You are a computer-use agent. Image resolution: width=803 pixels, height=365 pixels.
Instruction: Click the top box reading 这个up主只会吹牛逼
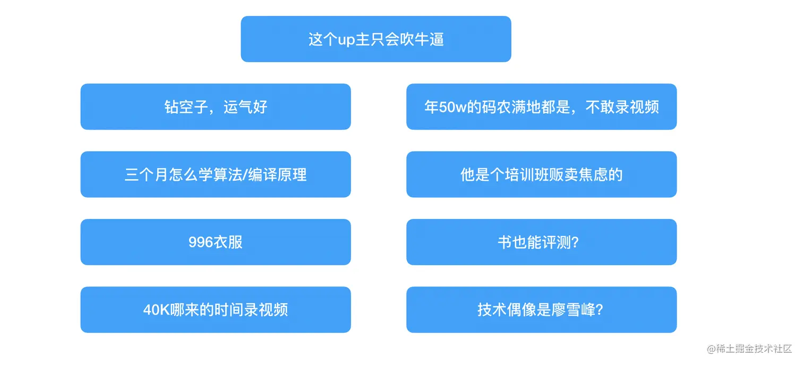click(x=375, y=39)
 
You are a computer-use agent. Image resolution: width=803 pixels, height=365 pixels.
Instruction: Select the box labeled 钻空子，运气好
click(x=216, y=107)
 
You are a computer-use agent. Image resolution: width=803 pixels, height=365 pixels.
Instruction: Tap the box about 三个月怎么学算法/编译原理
click(x=216, y=175)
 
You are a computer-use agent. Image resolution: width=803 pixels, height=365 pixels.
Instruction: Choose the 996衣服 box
click(x=216, y=242)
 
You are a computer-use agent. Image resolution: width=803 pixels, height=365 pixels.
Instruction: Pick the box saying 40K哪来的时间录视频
click(x=216, y=310)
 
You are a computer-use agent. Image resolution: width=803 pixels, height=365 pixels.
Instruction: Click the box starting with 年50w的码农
click(x=541, y=107)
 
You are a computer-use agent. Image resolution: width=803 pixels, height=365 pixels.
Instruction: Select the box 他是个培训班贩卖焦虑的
click(x=541, y=175)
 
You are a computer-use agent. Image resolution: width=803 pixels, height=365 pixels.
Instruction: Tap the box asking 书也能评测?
click(x=541, y=242)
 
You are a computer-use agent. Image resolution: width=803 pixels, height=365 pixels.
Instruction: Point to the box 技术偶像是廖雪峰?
click(x=541, y=310)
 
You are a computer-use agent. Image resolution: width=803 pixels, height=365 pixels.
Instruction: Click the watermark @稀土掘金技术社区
click(x=749, y=349)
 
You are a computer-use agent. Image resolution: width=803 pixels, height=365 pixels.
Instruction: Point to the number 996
click(x=201, y=242)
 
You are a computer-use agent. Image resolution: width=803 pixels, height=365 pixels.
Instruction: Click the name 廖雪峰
click(x=573, y=310)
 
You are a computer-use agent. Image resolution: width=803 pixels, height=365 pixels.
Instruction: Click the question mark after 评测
click(x=575, y=242)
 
